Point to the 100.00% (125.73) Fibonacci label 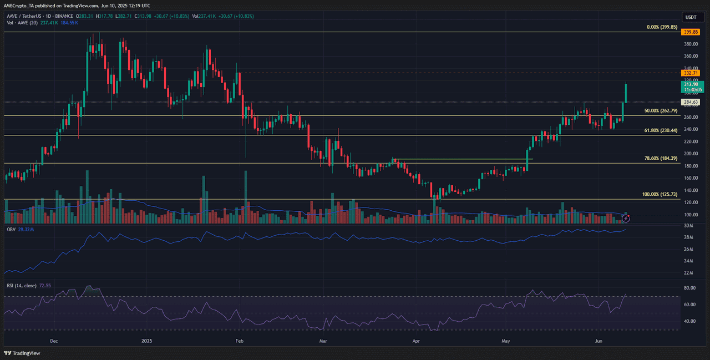click(x=660, y=194)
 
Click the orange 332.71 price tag click(x=691, y=73)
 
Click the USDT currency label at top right click(x=691, y=17)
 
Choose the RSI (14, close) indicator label click(x=21, y=286)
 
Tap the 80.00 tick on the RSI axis click(x=689, y=288)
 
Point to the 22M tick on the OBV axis click(x=688, y=272)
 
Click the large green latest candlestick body click(x=626, y=93)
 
